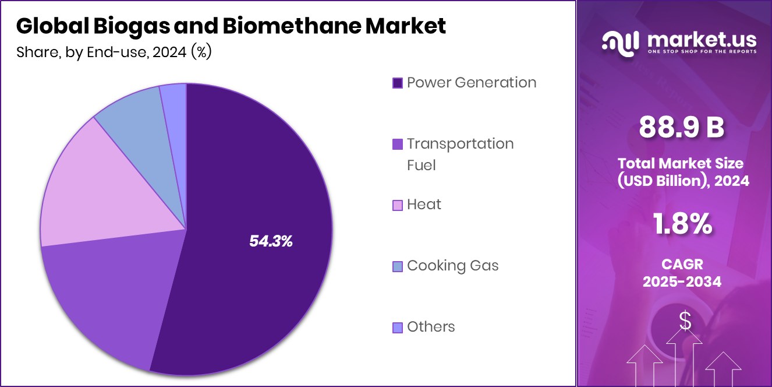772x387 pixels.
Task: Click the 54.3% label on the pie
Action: click(271, 241)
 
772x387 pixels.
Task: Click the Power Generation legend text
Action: click(471, 82)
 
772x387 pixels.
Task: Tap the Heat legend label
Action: click(424, 205)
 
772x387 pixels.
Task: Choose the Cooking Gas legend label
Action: click(452, 266)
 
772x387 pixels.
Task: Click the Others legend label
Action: click(431, 327)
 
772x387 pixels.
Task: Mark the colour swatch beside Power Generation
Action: click(398, 83)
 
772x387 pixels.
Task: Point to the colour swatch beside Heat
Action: click(398, 205)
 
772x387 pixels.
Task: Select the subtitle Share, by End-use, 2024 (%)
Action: click(114, 52)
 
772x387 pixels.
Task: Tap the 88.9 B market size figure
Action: click(682, 127)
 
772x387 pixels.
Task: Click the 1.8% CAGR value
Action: click(682, 224)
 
